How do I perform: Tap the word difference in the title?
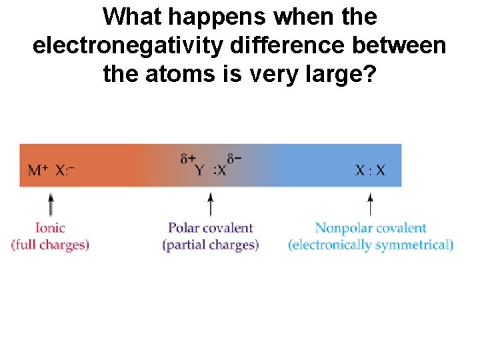(x=302, y=45)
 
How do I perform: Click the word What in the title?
(x=137, y=16)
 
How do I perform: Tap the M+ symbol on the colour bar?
(x=37, y=170)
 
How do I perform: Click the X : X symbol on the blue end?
(x=370, y=170)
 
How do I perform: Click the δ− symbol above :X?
(x=234, y=159)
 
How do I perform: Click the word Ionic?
(x=50, y=228)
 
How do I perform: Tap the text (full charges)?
(x=50, y=245)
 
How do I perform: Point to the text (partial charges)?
(x=211, y=245)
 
